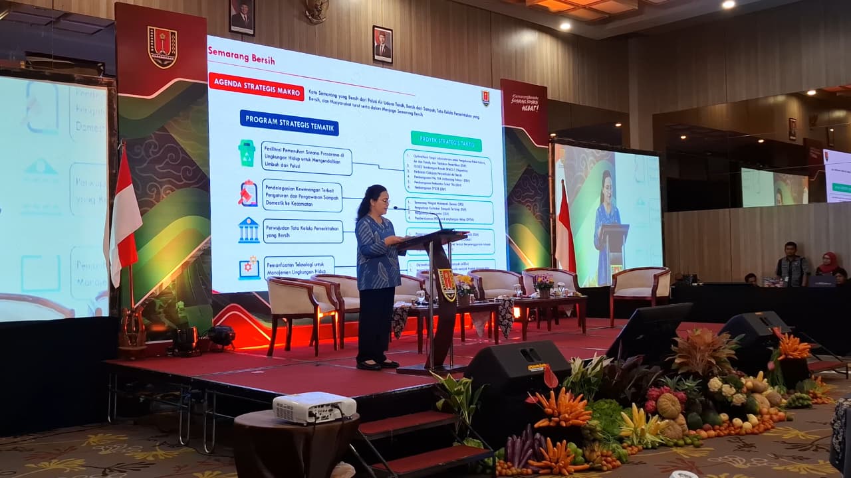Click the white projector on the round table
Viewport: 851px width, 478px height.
click(314, 406)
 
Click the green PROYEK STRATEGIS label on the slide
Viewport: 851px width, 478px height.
click(446, 140)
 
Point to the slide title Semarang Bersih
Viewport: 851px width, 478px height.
click(241, 60)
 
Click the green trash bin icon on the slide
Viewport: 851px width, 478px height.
click(247, 153)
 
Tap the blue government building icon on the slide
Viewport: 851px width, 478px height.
click(249, 230)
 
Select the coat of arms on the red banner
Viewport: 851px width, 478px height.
click(162, 47)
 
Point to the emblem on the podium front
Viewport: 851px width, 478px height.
click(447, 284)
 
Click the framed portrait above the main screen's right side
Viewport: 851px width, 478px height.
click(382, 44)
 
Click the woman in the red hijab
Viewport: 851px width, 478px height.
click(828, 264)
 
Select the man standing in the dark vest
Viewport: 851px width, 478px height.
click(792, 264)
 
